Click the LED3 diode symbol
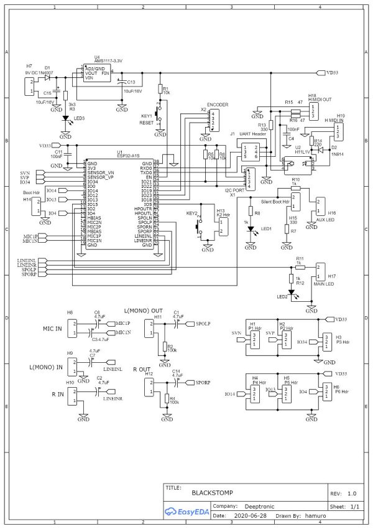[65, 118]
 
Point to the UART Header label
[252, 134]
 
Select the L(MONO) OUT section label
[143, 310]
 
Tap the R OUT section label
[143, 369]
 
